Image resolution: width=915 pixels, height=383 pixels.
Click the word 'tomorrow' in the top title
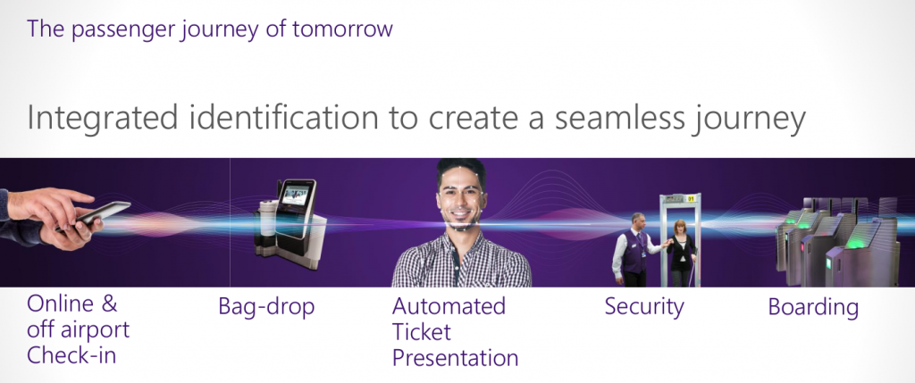tap(342, 28)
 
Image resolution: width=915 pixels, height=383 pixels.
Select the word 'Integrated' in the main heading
tap(102, 119)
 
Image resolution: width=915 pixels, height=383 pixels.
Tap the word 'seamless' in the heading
tap(620, 118)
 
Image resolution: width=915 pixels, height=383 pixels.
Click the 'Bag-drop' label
tap(266, 306)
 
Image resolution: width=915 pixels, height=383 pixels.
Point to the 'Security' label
tap(643, 307)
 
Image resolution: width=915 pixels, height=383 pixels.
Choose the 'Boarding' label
tap(813, 307)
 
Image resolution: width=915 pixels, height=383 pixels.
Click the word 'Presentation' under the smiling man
tap(455, 358)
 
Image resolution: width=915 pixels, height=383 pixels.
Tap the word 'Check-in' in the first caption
tap(71, 355)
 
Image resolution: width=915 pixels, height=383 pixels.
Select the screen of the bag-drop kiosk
tap(295, 207)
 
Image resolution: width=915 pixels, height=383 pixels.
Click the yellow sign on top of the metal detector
tap(691, 199)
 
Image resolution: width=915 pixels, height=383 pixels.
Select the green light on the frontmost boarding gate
tap(857, 243)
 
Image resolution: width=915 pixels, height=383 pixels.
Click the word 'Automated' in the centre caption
tap(449, 306)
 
